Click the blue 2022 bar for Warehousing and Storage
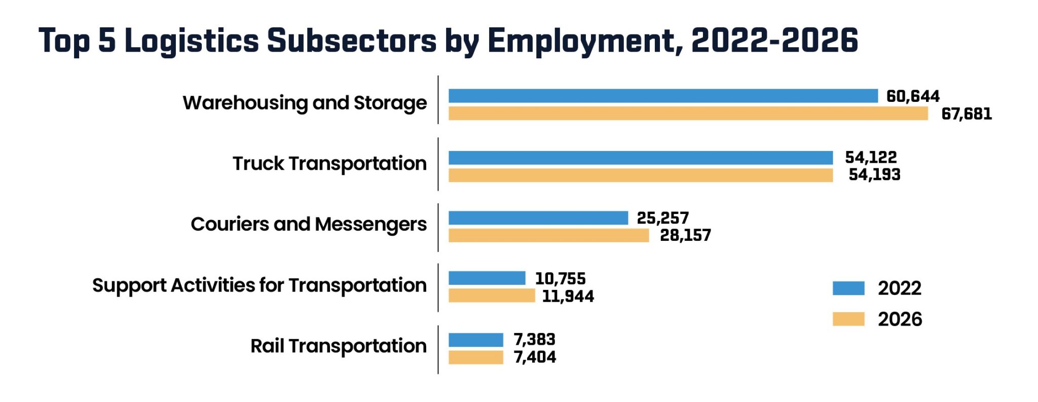tap(663, 96)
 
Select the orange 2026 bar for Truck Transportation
tap(641, 175)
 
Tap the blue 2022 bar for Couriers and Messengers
tap(538, 218)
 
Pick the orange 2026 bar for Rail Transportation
tap(476, 357)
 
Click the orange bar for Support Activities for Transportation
tap(492, 296)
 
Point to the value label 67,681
tap(966, 114)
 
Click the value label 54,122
tap(871, 157)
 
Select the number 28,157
tap(685, 235)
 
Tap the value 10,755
tap(560, 279)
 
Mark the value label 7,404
tap(535, 357)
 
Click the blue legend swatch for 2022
tap(848, 288)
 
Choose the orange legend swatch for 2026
tap(848, 319)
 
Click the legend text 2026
tap(900, 319)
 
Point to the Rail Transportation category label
tap(338, 346)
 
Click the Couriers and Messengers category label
tap(308, 225)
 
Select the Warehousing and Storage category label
tap(305, 103)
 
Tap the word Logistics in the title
tap(192, 41)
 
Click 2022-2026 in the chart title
tap(774, 41)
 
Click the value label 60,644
tap(912, 96)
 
